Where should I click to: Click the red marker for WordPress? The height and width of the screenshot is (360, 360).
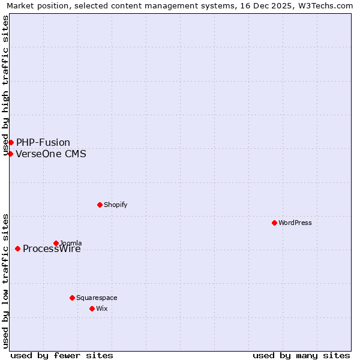coord(274,223)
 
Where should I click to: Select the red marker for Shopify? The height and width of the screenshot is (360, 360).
coord(100,205)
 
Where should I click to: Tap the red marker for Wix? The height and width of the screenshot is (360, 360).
coord(92,308)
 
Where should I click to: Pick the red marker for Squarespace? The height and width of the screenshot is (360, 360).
coord(72,298)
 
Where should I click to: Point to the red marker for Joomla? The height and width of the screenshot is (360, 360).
coord(56,243)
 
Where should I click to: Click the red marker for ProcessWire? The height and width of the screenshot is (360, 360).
coord(17,248)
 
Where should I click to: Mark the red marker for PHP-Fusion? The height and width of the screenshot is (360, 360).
coord(11,142)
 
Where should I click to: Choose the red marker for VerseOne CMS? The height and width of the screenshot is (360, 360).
coord(10,154)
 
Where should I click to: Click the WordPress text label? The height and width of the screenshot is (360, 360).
coord(295,223)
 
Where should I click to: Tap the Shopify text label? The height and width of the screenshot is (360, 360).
coord(116,205)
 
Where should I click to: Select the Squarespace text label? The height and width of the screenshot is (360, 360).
coord(97,298)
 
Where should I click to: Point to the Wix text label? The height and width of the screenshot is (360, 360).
coord(101,308)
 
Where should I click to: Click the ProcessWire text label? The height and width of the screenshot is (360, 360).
coord(52,249)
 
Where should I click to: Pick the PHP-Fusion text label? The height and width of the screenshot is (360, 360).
coord(43,142)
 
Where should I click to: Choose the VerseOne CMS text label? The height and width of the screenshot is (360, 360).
coord(51,154)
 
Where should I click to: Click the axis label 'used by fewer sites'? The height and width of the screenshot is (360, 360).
coord(62,355)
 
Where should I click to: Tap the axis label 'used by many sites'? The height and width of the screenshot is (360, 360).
coord(301,355)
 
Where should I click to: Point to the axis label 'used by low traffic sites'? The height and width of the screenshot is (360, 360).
coord(6,281)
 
